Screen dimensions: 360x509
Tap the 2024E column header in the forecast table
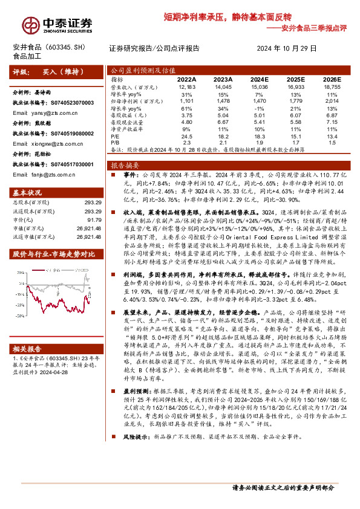pos(259,79)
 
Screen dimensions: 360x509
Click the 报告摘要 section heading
pos(125,164)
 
